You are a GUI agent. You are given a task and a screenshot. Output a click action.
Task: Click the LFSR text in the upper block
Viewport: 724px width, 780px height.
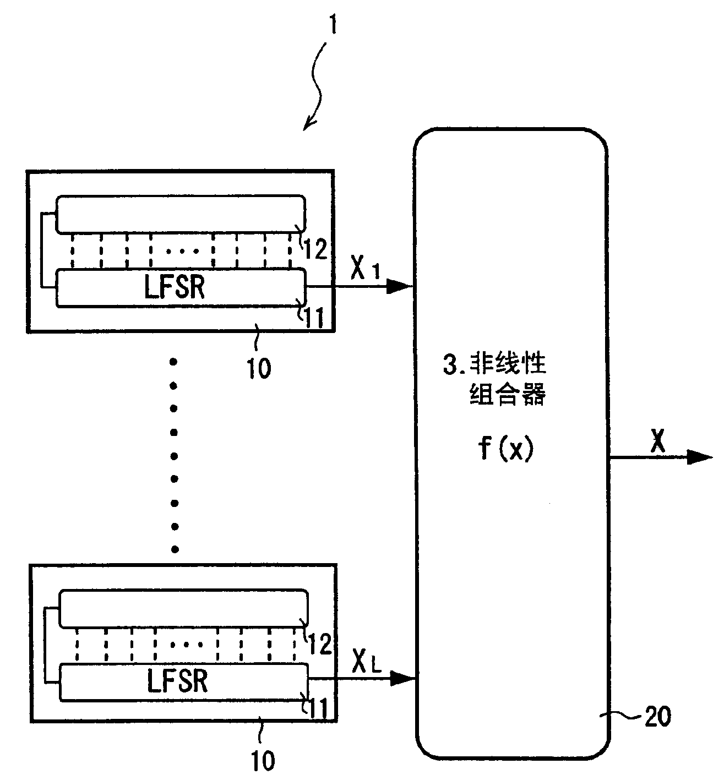tap(176, 286)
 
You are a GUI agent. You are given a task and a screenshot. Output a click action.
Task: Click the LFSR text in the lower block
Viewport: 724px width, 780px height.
tap(178, 681)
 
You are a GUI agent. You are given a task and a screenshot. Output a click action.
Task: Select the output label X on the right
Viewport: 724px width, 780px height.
tap(657, 440)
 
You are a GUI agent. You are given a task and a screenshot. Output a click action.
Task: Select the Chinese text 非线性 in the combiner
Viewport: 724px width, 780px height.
tap(507, 365)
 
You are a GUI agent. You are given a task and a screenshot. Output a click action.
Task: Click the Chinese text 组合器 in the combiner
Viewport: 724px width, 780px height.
tap(507, 395)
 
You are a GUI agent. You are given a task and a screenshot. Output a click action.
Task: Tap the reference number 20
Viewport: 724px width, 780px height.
tap(656, 717)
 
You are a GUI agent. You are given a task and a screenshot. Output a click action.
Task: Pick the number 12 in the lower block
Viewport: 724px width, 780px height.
tap(319, 643)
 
